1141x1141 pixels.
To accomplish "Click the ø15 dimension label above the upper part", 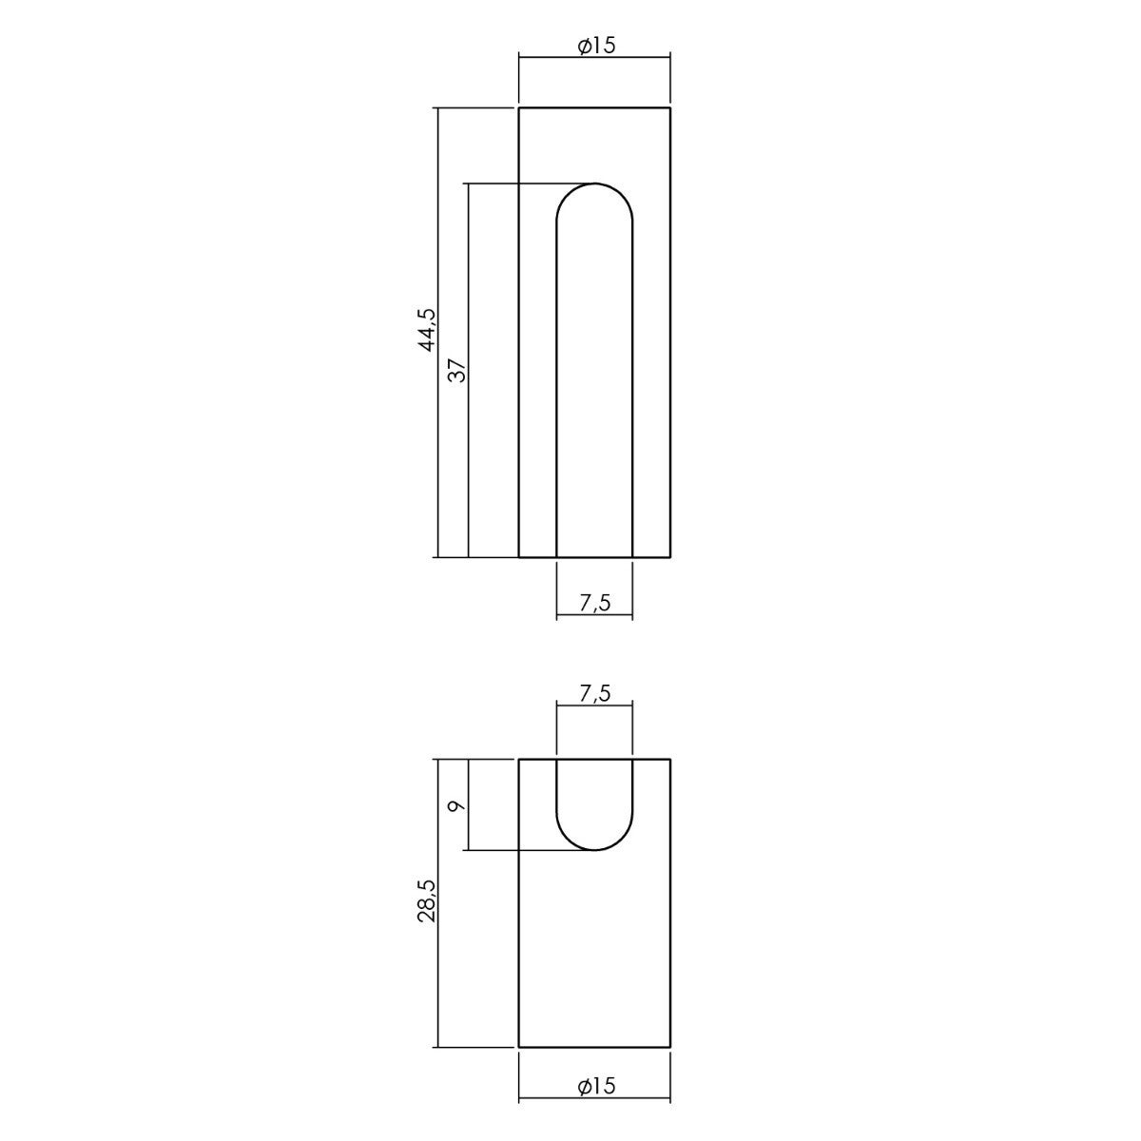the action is click(x=596, y=46).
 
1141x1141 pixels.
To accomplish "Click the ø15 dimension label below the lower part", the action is click(x=596, y=1102).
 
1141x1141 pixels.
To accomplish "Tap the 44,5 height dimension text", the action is click(x=428, y=330).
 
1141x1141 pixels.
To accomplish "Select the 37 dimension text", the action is click(x=457, y=371).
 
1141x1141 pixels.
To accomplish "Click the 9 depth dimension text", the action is click(x=457, y=805).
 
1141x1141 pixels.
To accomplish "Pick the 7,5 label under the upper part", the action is click(x=595, y=603).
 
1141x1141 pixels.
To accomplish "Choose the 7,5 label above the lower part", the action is click(x=595, y=693).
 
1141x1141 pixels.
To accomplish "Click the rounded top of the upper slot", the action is click(x=594, y=184).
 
